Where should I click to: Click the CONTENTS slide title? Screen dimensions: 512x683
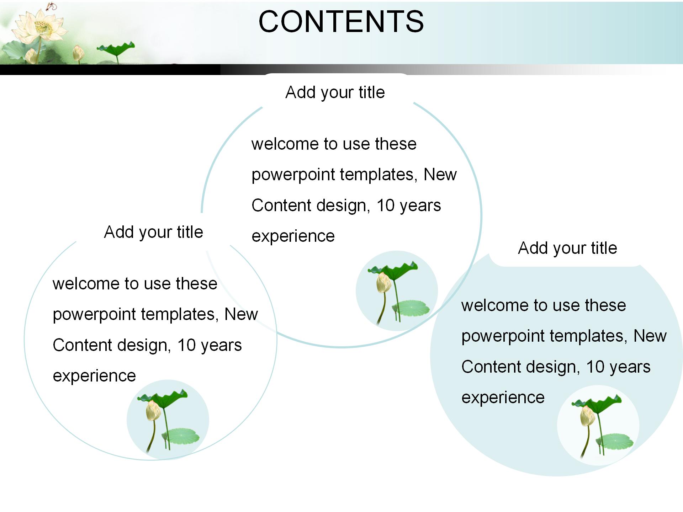(x=341, y=21)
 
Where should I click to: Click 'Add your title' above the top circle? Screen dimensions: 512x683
(x=335, y=92)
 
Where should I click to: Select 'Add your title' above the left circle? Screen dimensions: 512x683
(x=153, y=232)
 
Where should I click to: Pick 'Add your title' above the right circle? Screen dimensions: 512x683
(x=567, y=248)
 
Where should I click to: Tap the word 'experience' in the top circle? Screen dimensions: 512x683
(x=293, y=236)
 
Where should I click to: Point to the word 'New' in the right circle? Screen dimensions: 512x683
(x=650, y=336)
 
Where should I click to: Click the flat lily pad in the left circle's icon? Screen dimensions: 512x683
(x=181, y=436)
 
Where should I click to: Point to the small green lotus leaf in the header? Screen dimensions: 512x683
(x=117, y=48)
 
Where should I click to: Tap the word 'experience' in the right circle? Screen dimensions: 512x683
(x=503, y=398)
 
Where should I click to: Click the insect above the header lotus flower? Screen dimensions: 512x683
(x=52, y=6)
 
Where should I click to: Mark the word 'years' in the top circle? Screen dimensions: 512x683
(x=420, y=206)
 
